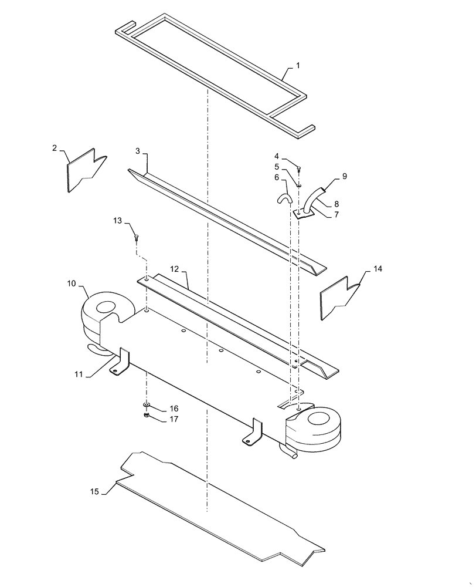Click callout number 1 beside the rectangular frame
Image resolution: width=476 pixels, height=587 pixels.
coord(297,66)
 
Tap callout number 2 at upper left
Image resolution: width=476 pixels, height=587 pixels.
coord(55,148)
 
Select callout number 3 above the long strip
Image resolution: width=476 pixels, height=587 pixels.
coord(138,151)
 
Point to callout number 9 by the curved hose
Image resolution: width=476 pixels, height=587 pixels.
coord(344,176)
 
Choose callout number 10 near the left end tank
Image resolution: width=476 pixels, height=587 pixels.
coord(71,284)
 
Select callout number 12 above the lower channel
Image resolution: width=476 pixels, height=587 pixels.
coord(174,268)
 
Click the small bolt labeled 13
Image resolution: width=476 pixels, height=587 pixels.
coord(137,237)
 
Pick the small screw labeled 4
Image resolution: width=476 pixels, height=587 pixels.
coord(299,170)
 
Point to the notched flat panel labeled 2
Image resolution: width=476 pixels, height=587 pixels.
coord(85,171)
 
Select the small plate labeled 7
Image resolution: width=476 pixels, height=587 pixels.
coord(304,214)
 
